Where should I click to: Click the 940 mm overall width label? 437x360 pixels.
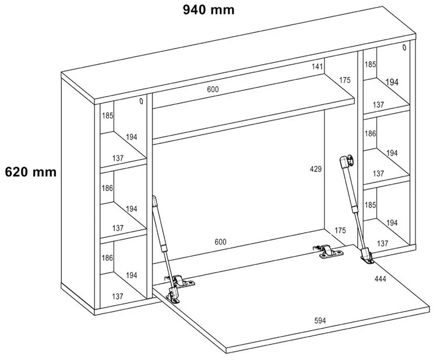(x=208, y=10)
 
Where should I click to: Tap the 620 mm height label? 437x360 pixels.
(x=30, y=172)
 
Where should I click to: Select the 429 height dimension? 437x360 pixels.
(x=315, y=169)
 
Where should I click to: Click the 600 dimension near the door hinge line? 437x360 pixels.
(x=220, y=242)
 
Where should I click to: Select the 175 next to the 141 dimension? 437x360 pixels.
(x=345, y=80)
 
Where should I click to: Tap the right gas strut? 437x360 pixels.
(x=353, y=198)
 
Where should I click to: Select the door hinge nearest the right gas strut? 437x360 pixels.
(x=326, y=252)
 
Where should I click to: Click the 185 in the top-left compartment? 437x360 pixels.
(x=108, y=116)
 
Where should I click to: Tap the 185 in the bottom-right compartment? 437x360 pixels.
(x=371, y=205)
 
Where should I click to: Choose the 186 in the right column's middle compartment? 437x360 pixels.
(x=371, y=133)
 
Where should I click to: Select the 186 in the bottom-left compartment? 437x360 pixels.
(x=108, y=257)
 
